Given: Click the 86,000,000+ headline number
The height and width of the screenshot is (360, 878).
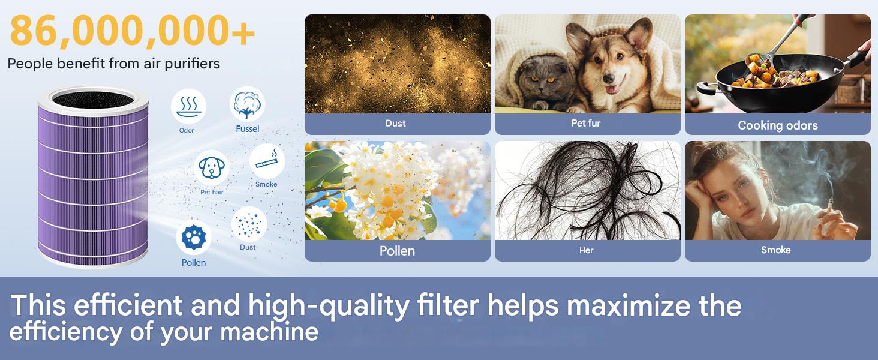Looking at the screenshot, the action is point(133,31).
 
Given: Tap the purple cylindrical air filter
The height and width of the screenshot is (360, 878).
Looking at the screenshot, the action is point(93,177).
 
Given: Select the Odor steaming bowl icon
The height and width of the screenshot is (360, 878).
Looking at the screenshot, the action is point(188,106).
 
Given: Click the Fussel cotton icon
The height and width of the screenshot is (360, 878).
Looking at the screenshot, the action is point(247,104).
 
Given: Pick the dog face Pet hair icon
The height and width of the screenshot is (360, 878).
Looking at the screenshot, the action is point(212,168).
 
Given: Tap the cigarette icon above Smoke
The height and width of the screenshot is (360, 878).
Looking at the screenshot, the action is point(267,161).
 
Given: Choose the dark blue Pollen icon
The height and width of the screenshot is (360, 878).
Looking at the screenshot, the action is point(194,237).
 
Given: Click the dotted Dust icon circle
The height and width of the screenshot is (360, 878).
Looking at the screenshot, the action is point(249,224).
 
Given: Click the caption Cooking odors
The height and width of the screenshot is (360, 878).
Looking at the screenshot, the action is point(778,125).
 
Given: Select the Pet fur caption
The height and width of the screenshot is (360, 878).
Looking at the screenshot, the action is point(585,123).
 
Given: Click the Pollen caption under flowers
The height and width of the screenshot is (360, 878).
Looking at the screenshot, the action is point(397,251).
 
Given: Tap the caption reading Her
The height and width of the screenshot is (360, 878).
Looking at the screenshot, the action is point(587,250).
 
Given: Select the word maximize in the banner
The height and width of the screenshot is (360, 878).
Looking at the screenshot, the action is point(629,306).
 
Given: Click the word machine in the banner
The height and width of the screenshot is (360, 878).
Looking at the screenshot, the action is point(269,332).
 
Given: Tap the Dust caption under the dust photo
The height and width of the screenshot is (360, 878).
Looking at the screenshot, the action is point(395,123).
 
